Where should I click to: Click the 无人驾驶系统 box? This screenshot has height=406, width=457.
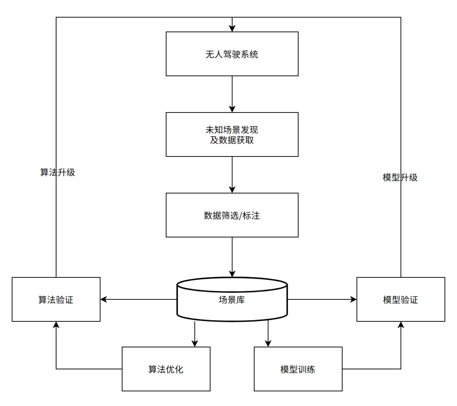pyautogui.click(x=232, y=54)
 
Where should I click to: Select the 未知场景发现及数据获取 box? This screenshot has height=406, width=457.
pyautogui.click(x=232, y=134)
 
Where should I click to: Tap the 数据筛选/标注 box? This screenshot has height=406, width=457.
pyautogui.click(x=232, y=215)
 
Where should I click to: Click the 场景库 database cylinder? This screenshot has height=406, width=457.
pyautogui.click(x=232, y=299)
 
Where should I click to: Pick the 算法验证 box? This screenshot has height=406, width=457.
pyautogui.click(x=56, y=299)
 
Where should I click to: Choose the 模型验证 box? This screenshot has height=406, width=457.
pyautogui.click(x=400, y=299)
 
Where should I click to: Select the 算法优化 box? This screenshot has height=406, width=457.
pyautogui.click(x=166, y=369)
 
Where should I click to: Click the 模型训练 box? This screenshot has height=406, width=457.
pyautogui.click(x=298, y=369)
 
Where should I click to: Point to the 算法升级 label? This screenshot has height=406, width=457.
pyautogui.click(x=58, y=173)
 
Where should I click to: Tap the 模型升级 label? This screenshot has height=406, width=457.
pyautogui.click(x=400, y=178)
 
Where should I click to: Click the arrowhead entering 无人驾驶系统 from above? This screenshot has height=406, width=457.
pyautogui.click(x=232, y=28)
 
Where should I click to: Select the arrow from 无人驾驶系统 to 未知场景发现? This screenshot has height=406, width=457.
pyautogui.click(x=232, y=94)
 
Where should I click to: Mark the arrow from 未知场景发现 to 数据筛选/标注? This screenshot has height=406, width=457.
pyautogui.click(x=232, y=174)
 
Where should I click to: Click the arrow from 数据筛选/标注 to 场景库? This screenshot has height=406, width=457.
pyautogui.click(x=232, y=256)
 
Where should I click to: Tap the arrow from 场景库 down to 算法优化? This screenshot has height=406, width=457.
pyautogui.click(x=195, y=334)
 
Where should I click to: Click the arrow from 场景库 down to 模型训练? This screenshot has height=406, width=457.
pyautogui.click(x=267, y=334)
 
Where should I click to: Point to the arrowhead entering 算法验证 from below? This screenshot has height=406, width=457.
pyautogui.click(x=56, y=325)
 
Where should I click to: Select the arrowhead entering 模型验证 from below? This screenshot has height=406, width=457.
pyautogui.click(x=400, y=325)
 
